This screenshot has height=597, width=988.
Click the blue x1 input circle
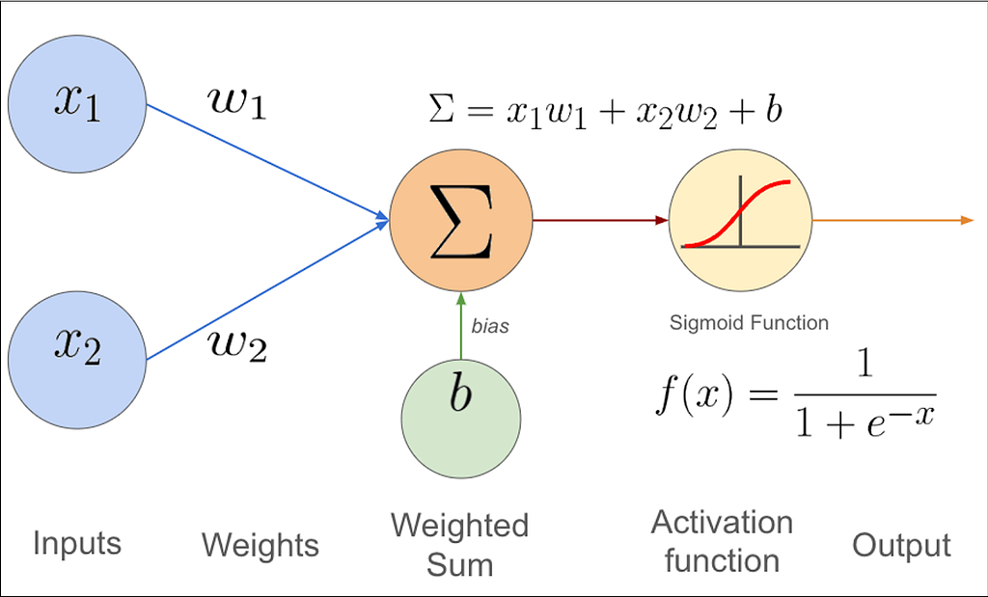tap(77, 104)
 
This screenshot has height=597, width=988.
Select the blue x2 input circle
tap(77, 360)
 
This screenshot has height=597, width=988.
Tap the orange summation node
tap(460, 221)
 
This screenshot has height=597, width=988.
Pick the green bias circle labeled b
tap(460, 419)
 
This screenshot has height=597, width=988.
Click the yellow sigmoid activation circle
tap(740, 221)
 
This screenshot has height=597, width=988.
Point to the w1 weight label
tap(237, 102)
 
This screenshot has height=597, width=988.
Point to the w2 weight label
tap(237, 345)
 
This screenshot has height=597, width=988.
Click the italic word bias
tap(490, 326)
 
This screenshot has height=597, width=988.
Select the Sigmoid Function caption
tap(749, 323)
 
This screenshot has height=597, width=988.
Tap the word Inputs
tap(77, 543)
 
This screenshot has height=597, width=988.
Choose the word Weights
tap(261, 545)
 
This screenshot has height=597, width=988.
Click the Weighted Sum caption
tap(460, 545)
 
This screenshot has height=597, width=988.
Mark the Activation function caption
tap(722, 542)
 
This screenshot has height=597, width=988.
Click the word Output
tap(902, 545)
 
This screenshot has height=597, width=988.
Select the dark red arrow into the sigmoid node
tap(600, 221)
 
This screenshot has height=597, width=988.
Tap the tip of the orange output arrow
tap(974, 221)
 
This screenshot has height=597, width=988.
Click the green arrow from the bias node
tap(461, 326)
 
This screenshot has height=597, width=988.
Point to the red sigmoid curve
tap(738, 214)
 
